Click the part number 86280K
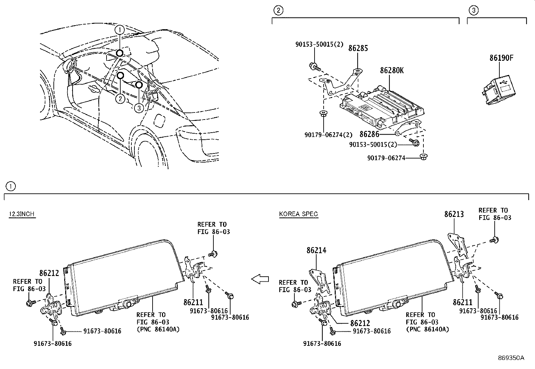pos(392,71)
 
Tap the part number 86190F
pos(501,58)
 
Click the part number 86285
pos(358,48)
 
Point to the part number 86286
pos(369,134)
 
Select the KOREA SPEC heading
pos(298,214)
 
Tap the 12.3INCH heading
pos(22,214)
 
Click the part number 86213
pos(454,214)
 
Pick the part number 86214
pos(316,250)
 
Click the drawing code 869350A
pos(511,358)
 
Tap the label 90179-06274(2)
pos(328,135)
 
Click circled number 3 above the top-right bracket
pos(473,10)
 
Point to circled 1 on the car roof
pos(119,30)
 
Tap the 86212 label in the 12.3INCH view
pos(49,273)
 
